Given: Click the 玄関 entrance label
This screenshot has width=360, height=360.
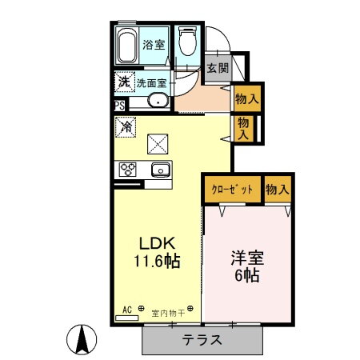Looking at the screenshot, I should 217,68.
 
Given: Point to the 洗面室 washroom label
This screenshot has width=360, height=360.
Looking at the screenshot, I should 150,82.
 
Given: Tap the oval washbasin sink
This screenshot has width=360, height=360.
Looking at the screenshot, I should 157,101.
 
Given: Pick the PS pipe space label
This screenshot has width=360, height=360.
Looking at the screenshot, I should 119,105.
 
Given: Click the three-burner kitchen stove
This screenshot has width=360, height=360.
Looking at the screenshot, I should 128,169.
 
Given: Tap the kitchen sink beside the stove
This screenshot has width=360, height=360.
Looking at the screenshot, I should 158,169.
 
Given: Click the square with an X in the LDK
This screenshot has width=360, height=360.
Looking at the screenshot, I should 158,143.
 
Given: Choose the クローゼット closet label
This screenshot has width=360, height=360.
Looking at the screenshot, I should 232,190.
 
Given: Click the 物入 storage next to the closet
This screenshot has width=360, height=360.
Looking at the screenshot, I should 277,190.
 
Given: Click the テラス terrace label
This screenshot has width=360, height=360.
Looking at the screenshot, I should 202,339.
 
